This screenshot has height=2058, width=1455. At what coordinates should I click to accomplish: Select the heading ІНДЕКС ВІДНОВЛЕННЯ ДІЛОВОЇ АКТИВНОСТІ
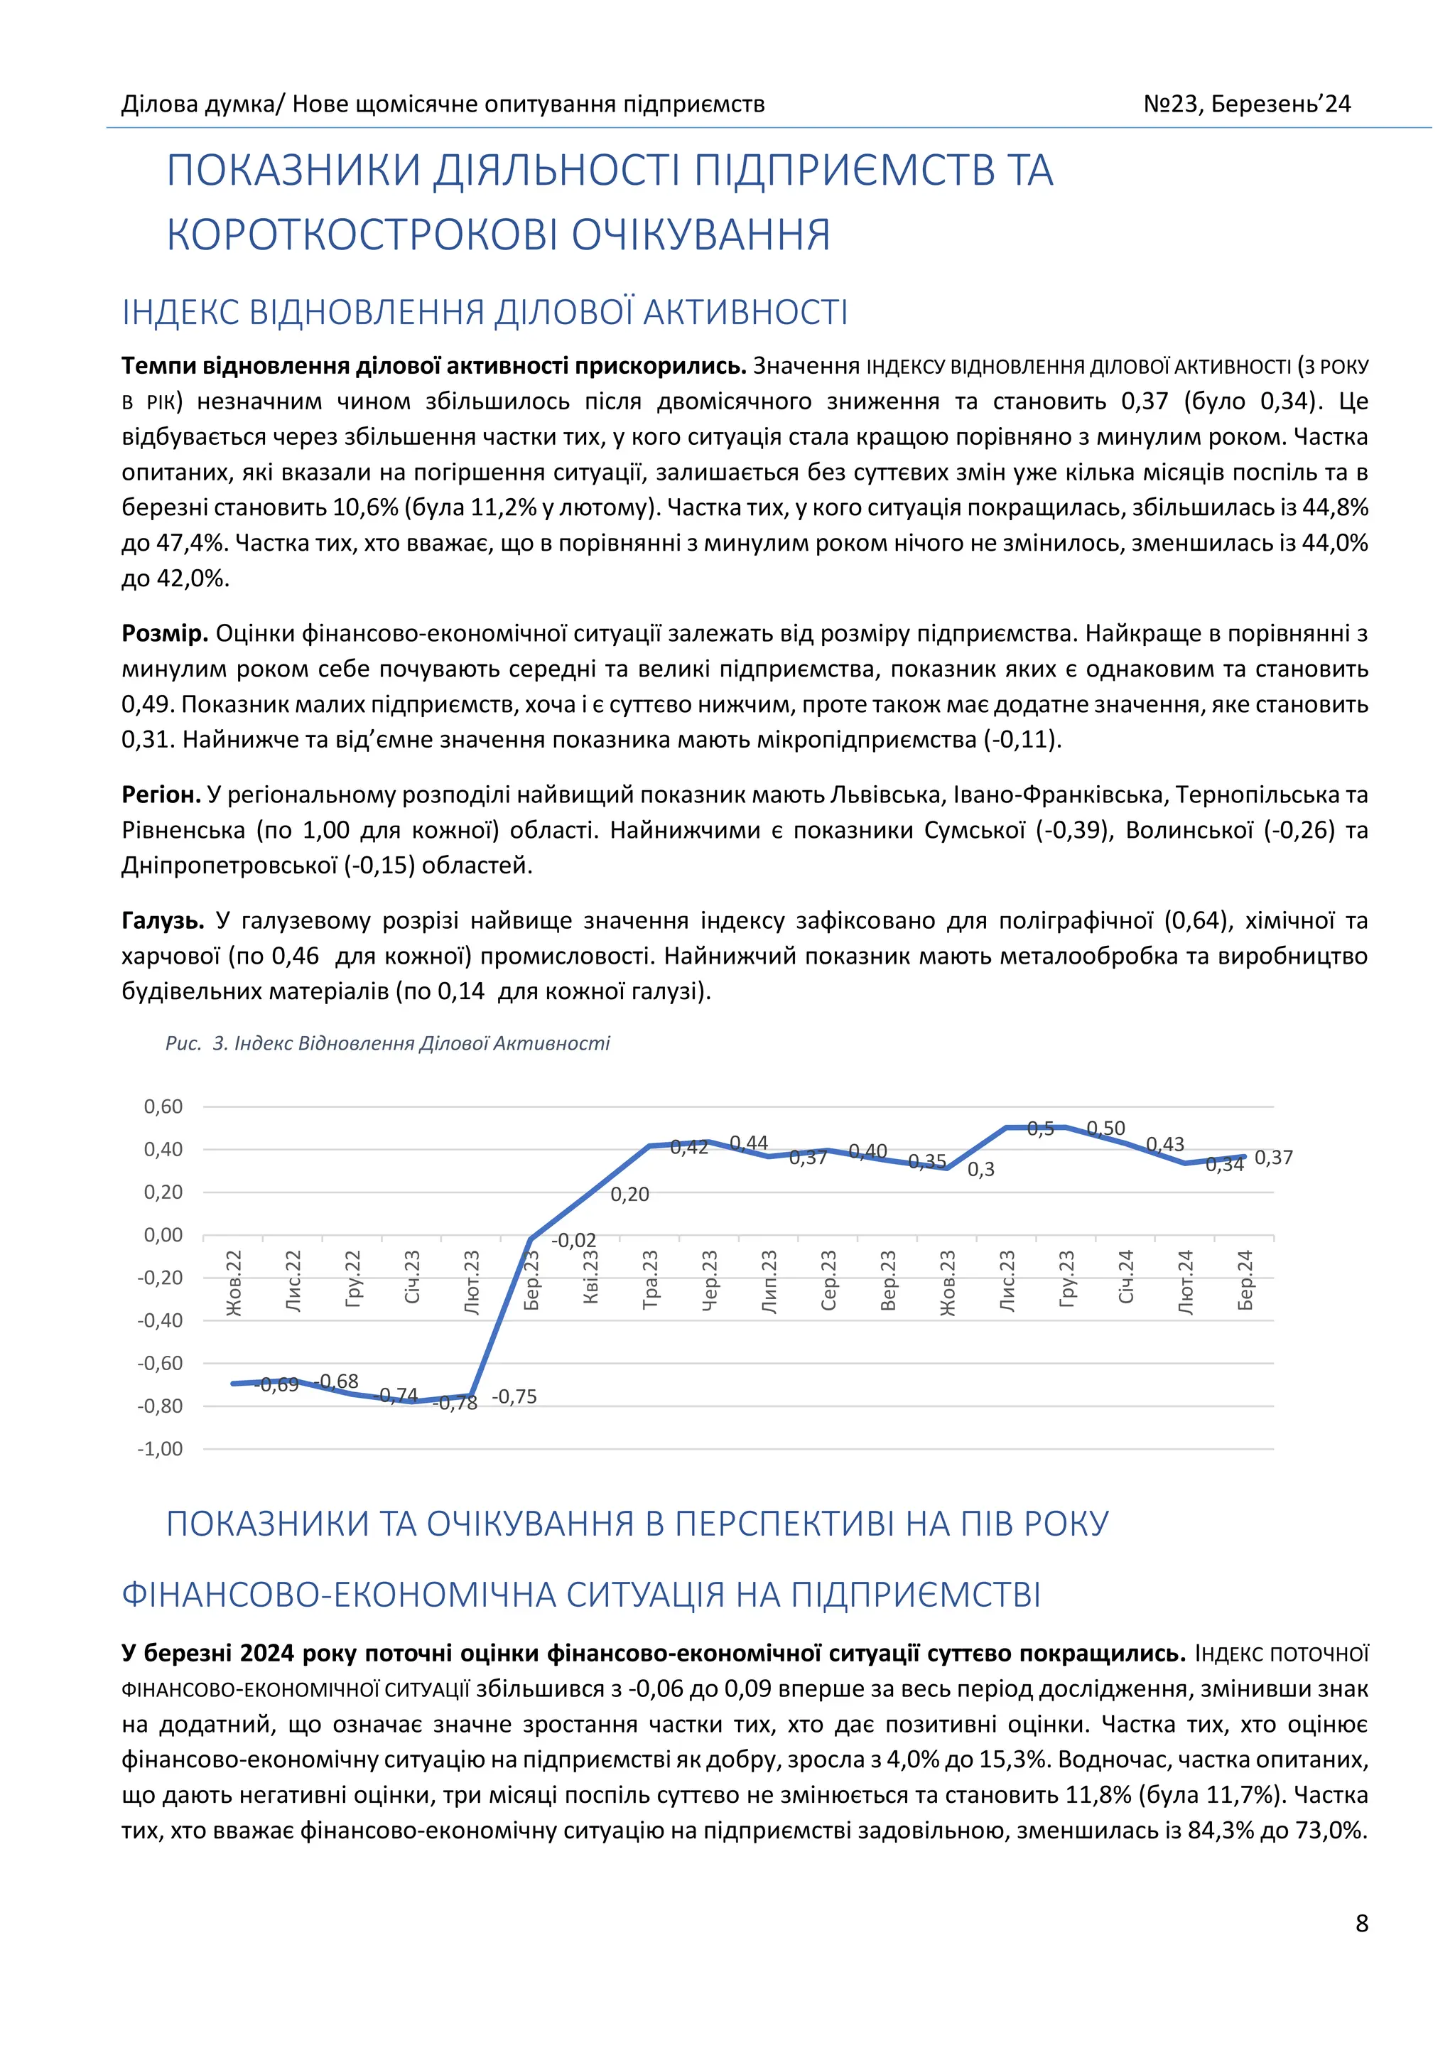point(485,312)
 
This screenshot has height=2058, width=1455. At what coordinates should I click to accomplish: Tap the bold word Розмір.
point(165,634)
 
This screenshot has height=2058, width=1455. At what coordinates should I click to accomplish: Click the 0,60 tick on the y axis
point(163,1107)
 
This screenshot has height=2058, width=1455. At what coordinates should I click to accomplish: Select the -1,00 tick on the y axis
point(161,1450)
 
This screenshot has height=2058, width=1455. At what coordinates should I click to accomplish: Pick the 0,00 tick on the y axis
point(163,1235)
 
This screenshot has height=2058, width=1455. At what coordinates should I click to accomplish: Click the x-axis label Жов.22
point(234,1283)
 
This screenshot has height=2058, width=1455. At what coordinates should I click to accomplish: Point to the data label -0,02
point(573,1241)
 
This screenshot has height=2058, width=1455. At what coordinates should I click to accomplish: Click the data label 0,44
point(749,1143)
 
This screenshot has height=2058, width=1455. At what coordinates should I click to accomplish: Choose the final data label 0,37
point(1273,1158)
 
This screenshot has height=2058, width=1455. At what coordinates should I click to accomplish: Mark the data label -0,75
point(514,1396)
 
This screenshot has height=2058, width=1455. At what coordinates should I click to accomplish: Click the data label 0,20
point(630,1195)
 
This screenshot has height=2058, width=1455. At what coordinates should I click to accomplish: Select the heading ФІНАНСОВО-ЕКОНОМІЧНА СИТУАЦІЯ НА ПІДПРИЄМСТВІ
point(580,1595)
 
